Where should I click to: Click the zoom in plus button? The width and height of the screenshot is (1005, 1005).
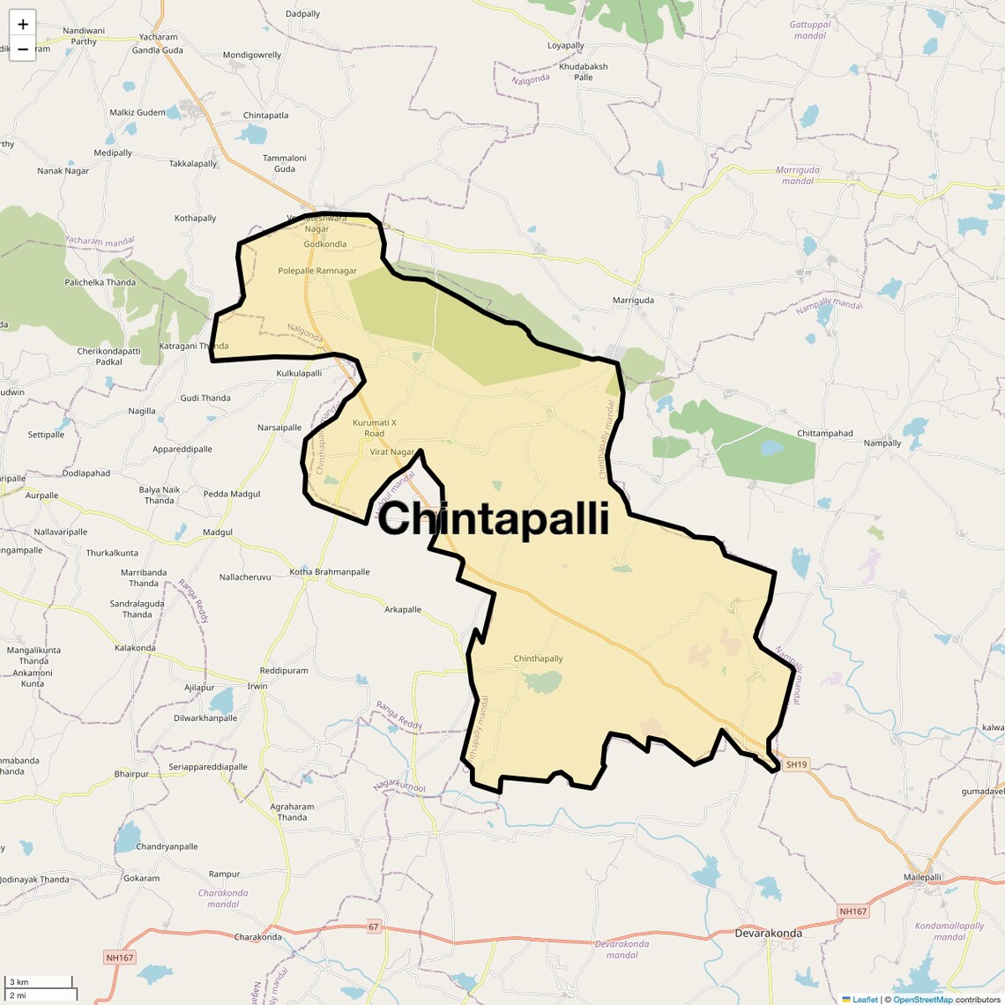(23, 24)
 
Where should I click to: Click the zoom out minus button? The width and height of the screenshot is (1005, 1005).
(23, 49)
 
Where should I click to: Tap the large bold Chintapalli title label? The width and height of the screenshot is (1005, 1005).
(493, 518)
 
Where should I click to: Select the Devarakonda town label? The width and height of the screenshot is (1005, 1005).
(769, 933)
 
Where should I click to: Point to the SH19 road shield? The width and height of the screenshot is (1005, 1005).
(796, 764)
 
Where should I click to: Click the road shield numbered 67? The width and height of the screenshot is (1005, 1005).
(374, 927)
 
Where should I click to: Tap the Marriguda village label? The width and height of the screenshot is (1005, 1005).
(633, 301)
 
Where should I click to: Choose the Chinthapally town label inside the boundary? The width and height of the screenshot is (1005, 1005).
(538, 659)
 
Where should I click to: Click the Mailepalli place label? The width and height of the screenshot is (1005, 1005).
(922, 877)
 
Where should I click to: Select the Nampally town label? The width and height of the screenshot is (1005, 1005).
(882, 443)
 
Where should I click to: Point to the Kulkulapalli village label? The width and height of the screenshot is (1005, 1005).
(299, 374)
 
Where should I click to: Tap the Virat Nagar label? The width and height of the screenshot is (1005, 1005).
(391, 452)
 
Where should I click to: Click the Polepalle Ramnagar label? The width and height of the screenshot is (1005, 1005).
(317, 271)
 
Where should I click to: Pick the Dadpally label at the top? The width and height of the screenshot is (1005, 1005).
(302, 14)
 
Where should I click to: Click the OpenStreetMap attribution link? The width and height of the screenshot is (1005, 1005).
(922, 999)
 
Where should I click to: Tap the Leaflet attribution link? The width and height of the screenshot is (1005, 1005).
(865, 999)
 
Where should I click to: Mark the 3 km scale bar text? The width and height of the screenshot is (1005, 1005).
(19, 982)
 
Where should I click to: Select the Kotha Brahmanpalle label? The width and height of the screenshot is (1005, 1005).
(330, 572)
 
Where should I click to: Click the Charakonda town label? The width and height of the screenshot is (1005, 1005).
(257, 937)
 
